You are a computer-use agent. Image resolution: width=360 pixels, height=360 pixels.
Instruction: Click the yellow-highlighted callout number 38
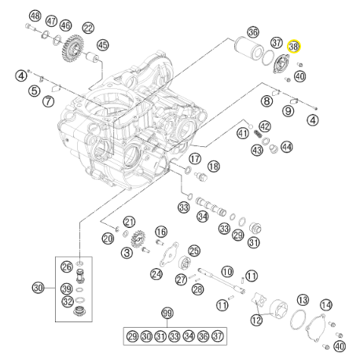click(294, 46)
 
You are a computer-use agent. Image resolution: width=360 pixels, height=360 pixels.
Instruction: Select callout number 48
click(35, 16)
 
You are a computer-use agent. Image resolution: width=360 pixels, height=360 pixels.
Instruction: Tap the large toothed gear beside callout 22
click(72, 48)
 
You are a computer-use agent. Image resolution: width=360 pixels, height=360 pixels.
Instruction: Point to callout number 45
click(103, 45)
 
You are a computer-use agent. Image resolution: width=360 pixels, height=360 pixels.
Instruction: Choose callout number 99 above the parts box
click(167, 313)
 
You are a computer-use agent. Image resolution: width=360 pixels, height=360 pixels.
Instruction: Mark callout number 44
click(286, 147)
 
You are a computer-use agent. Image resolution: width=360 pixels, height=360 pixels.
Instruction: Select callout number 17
click(195, 159)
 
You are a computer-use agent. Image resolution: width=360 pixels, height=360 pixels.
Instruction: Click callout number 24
click(156, 274)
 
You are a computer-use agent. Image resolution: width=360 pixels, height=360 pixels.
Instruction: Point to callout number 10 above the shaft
click(227, 271)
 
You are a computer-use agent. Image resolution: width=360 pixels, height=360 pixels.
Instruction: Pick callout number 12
click(256, 320)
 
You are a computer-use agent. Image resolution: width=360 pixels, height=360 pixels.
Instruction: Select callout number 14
click(326, 305)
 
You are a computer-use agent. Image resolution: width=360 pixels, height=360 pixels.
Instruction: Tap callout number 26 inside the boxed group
click(67, 266)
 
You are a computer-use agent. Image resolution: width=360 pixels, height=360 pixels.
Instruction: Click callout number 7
click(48, 101)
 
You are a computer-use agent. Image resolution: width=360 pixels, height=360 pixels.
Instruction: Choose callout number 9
click(288, 111)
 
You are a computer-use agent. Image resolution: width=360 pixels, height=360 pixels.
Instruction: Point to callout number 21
click(129, 222)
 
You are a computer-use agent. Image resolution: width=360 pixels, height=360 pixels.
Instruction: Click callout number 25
click(194, 251)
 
